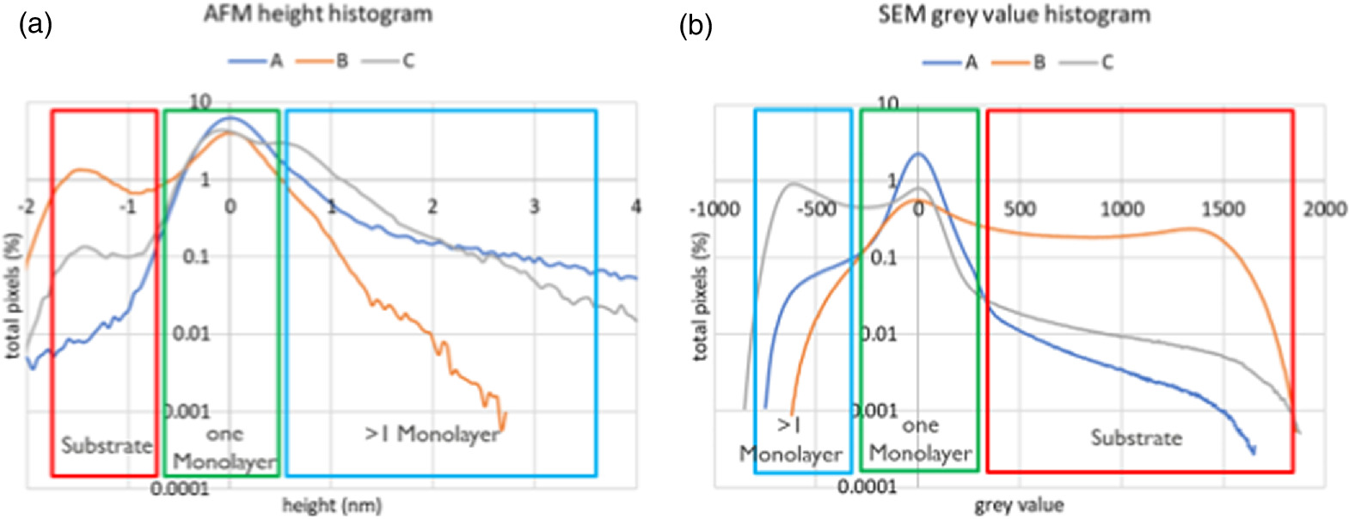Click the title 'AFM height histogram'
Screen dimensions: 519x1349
click(317, 15)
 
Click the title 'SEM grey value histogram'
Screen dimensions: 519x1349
click(1014, 15)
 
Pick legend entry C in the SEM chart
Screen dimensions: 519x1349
click(1107, 63)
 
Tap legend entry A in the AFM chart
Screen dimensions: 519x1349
click(275, 61)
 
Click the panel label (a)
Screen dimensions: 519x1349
click(35, 25)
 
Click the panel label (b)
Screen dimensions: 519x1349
click(696, 26)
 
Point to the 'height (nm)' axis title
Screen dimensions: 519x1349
click(331, 505)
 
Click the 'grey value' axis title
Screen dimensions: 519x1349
click(1018, 505)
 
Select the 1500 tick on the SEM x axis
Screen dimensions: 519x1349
click(1222, 209)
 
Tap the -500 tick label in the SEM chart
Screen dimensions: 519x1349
click(816, 209)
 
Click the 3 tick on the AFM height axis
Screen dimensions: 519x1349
click(534, 206)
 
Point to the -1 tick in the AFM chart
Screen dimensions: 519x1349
click(127, 206)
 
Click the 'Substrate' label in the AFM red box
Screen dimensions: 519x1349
click(106, 446)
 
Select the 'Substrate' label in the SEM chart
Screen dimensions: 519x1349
click(1136, 437)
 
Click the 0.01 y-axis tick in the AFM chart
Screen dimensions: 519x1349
click(191, 333)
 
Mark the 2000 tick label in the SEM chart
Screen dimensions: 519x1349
click(1323, 209)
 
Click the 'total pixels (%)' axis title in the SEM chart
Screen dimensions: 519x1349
click(701, 296)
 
